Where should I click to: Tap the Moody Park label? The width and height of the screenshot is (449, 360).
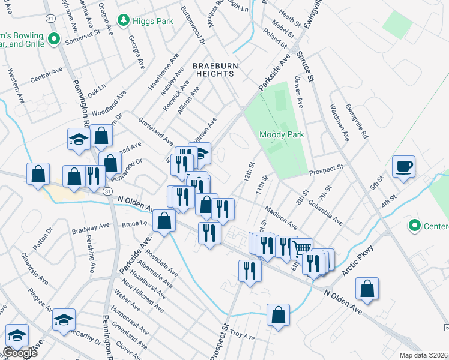coord(282,134)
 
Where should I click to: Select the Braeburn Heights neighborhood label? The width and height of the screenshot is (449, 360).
coord(213,70)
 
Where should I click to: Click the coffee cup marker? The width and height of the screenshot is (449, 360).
coord(403,166)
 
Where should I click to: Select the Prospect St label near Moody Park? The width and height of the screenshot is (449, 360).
coord(326,171)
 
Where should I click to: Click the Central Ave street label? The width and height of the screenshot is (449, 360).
coord(47,74)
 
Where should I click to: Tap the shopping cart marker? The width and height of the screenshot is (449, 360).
coord(303,248)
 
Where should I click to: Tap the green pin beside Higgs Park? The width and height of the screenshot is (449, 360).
coord(124,21)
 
